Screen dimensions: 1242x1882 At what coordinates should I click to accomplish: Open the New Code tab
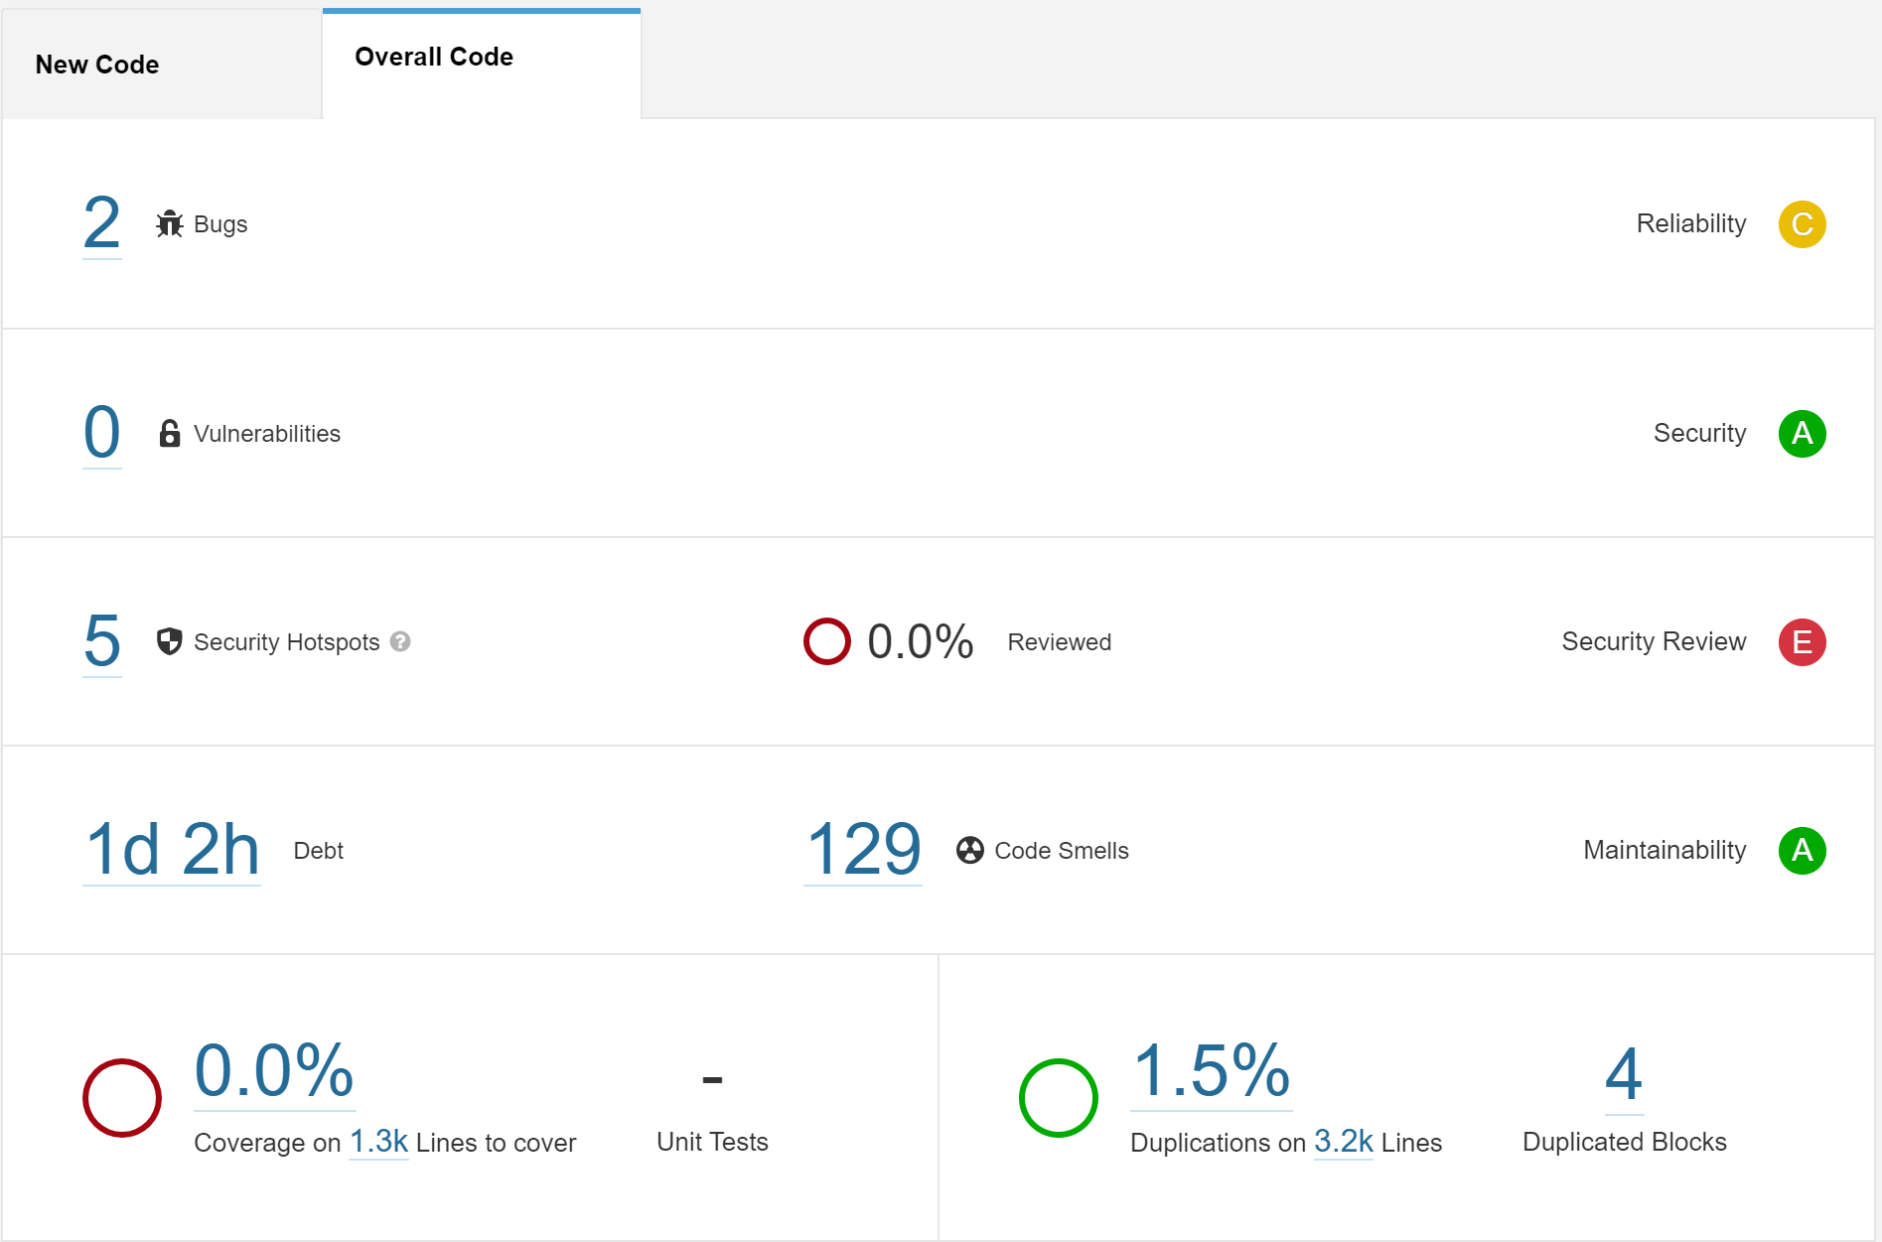[97, 65]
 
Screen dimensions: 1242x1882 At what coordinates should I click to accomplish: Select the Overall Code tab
[434, 58]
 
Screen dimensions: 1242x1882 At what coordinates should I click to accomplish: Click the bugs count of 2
[101, 223]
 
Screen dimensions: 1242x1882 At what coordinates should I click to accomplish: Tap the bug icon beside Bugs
[170, 224]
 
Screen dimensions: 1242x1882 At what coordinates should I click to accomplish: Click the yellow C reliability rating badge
[1802, 224]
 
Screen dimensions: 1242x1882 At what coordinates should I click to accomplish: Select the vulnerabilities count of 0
[101, 433]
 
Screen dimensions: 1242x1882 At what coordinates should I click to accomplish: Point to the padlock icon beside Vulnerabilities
[170, 434]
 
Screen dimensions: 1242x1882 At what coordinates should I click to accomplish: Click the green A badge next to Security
[1802, 434]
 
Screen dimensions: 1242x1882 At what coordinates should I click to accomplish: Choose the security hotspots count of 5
[101, 641]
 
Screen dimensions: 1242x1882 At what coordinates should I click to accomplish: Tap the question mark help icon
[400, 642]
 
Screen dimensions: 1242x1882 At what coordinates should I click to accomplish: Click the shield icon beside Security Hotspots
[170, 642]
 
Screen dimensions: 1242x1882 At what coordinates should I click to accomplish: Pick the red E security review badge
[1802, 642]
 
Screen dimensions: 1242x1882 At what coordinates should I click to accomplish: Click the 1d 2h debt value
[172, 850]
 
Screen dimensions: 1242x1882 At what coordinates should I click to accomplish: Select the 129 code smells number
[863, 850]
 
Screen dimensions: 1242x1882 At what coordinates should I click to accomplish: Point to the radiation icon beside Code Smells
[970, 851]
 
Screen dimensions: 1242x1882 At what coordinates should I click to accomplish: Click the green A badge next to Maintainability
[1802, 851]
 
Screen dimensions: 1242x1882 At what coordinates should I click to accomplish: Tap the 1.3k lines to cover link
[378, 1143]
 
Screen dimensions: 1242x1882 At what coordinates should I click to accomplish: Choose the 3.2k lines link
[1343, 1143]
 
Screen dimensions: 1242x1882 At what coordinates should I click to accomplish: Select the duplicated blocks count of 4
[1624, 1075]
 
